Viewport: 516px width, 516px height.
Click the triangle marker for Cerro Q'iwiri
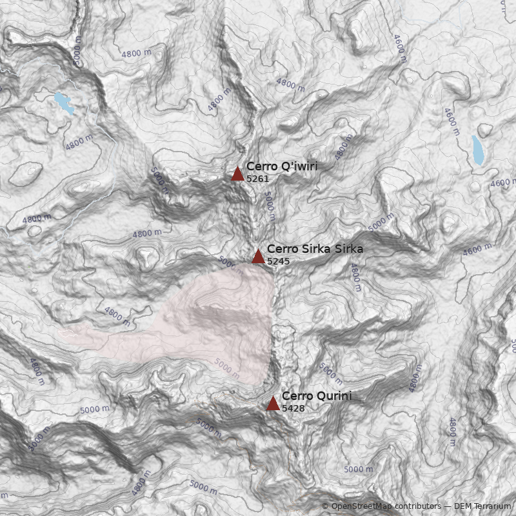click(237, 174)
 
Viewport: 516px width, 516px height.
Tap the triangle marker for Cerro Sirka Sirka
click(258, 256)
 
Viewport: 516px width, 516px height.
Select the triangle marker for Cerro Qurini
click(273, 404)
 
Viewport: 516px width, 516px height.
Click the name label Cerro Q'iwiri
click(281, 166)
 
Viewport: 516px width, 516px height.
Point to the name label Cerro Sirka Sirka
click(315, 249)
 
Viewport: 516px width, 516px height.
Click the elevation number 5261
click(257, 179)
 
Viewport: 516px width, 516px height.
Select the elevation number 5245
click(278, 261)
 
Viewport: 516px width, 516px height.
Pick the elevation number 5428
click(293, 408)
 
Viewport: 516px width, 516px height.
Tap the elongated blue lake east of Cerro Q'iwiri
click(478, 150)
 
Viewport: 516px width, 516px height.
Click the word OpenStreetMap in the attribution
click(362, 506)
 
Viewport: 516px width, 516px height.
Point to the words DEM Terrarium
click(482, 506)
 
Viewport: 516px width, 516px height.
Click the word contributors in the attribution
click(418, 506)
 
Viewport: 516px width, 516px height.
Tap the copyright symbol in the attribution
click(325, 506)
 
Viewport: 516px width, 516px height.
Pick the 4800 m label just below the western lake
click(79, 143)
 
